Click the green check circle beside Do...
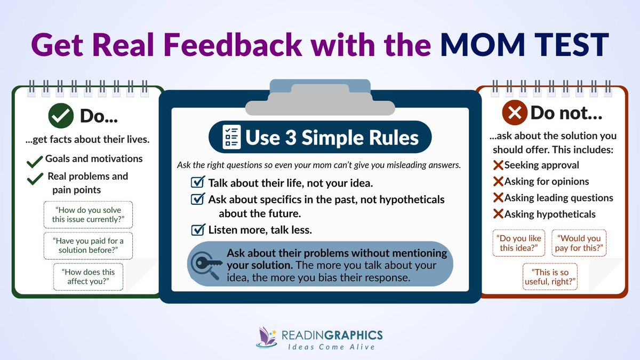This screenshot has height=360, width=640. click(61, 116)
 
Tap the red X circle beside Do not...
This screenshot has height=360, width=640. click(515, 113)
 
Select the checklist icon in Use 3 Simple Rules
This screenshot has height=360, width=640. click(231, 137)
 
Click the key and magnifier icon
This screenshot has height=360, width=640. click(206, 265)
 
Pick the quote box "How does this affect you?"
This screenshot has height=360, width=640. click(89, 277)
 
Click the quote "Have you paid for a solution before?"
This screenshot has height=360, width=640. click(89, 246)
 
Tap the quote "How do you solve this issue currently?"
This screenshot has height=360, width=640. click(89, 214)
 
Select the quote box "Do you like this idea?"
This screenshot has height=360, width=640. click(518, 243)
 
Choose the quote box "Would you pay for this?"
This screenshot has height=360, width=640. click(579, 243)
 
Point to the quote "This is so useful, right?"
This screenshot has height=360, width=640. click(550, 277)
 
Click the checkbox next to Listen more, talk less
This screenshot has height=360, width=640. click(198, 229)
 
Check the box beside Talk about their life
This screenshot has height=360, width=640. click(198, 182)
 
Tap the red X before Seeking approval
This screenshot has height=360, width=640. click(498, 165)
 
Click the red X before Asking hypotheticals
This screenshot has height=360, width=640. click(498, 214)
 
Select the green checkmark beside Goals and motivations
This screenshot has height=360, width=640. click(35, 162)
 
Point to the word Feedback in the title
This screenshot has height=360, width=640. click(233, 45)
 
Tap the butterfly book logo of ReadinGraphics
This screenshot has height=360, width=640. click(267, 337)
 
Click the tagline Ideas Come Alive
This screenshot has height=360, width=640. click(331, 347)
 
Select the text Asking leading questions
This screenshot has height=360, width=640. click(558, 198)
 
